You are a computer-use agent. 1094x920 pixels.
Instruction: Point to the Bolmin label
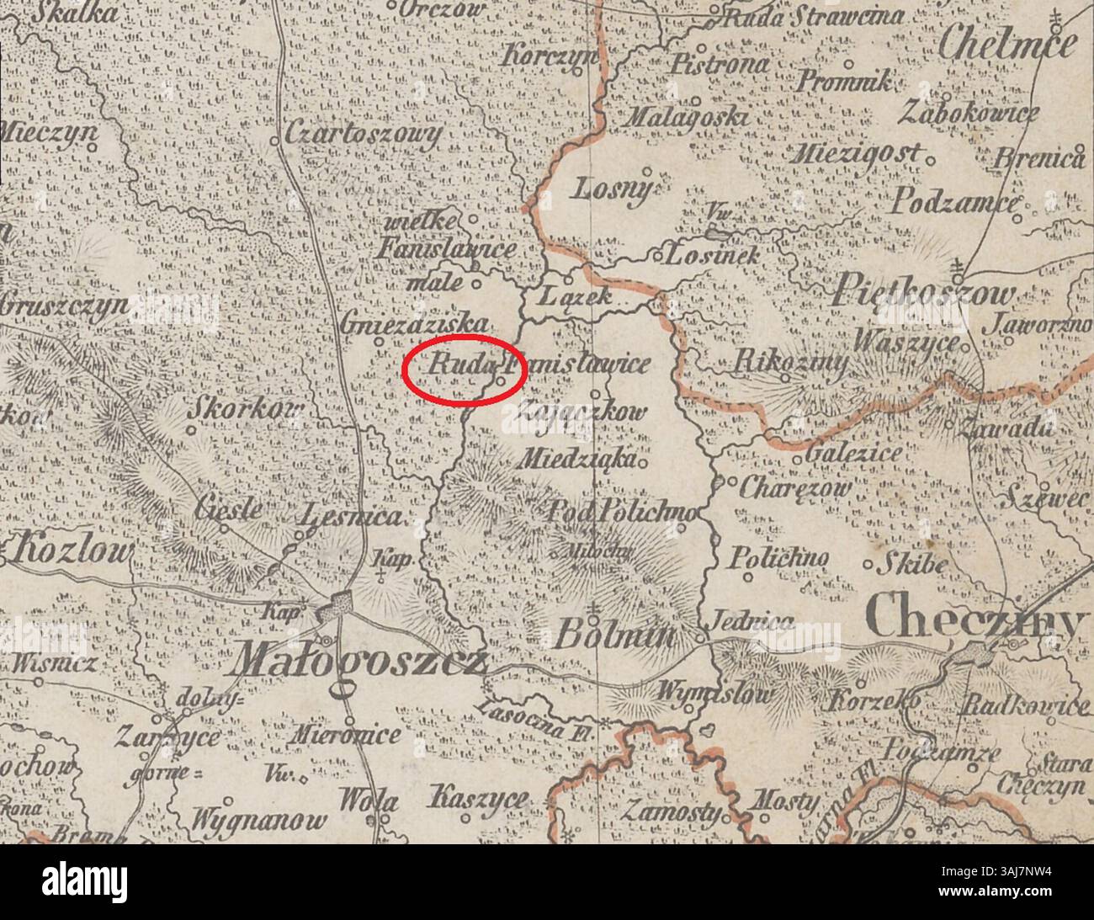point(615,635)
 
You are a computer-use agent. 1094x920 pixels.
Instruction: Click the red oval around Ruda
point(463,370)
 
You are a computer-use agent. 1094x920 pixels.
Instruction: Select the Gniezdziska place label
point(416,323)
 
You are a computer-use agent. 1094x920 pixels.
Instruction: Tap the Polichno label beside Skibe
point(779,559)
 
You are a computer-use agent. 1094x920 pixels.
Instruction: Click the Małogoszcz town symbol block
point(341,604)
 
